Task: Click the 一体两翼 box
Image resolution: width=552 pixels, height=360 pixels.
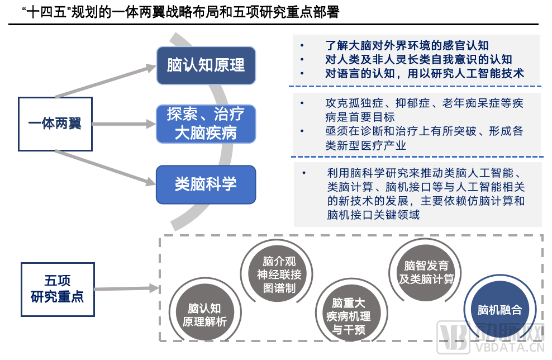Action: [x=55, y=124]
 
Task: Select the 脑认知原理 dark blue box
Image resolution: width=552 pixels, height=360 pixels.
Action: [x=206, y=65]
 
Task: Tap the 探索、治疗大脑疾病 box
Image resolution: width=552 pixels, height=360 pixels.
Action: [x=206, y=124]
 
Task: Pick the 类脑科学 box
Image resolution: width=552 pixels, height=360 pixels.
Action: [x=206, y=184]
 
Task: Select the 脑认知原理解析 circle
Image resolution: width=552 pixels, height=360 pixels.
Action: [x=204, y=315]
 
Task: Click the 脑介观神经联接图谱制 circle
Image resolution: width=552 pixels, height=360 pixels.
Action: [x=278, y=274]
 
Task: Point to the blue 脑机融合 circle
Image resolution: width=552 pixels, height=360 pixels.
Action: [x=499, y=310]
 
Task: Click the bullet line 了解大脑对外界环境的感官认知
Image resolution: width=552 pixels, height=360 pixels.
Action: [x=407, y=46]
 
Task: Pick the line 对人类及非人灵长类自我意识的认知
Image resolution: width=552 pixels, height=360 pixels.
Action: [x=418, y=59]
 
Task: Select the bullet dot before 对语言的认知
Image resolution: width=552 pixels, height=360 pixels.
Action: [x=302, y=73]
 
